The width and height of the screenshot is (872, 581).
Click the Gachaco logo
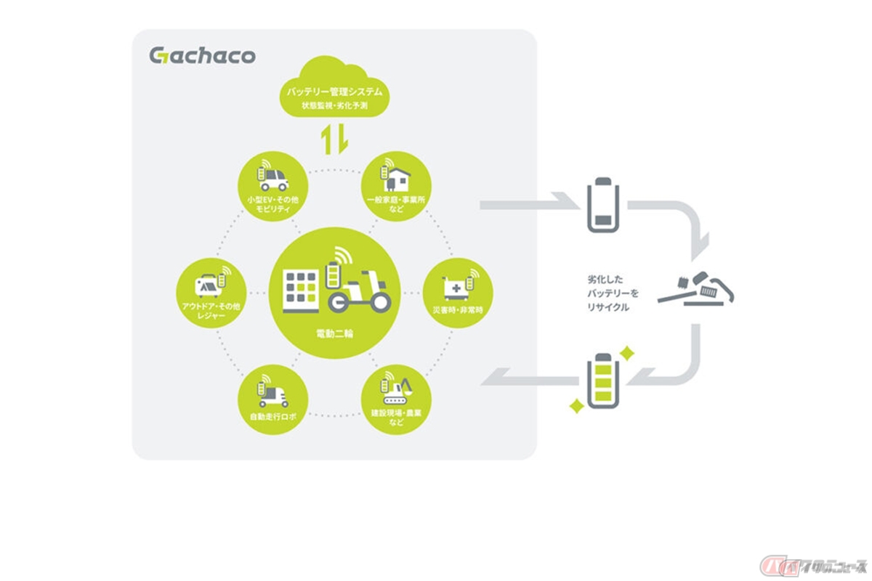202,55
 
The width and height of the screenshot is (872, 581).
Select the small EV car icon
274,179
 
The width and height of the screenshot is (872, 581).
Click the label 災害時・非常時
458,310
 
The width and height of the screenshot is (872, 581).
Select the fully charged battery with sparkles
602,379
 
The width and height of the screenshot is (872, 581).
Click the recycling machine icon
696,289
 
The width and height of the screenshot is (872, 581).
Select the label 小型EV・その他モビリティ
273,204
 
